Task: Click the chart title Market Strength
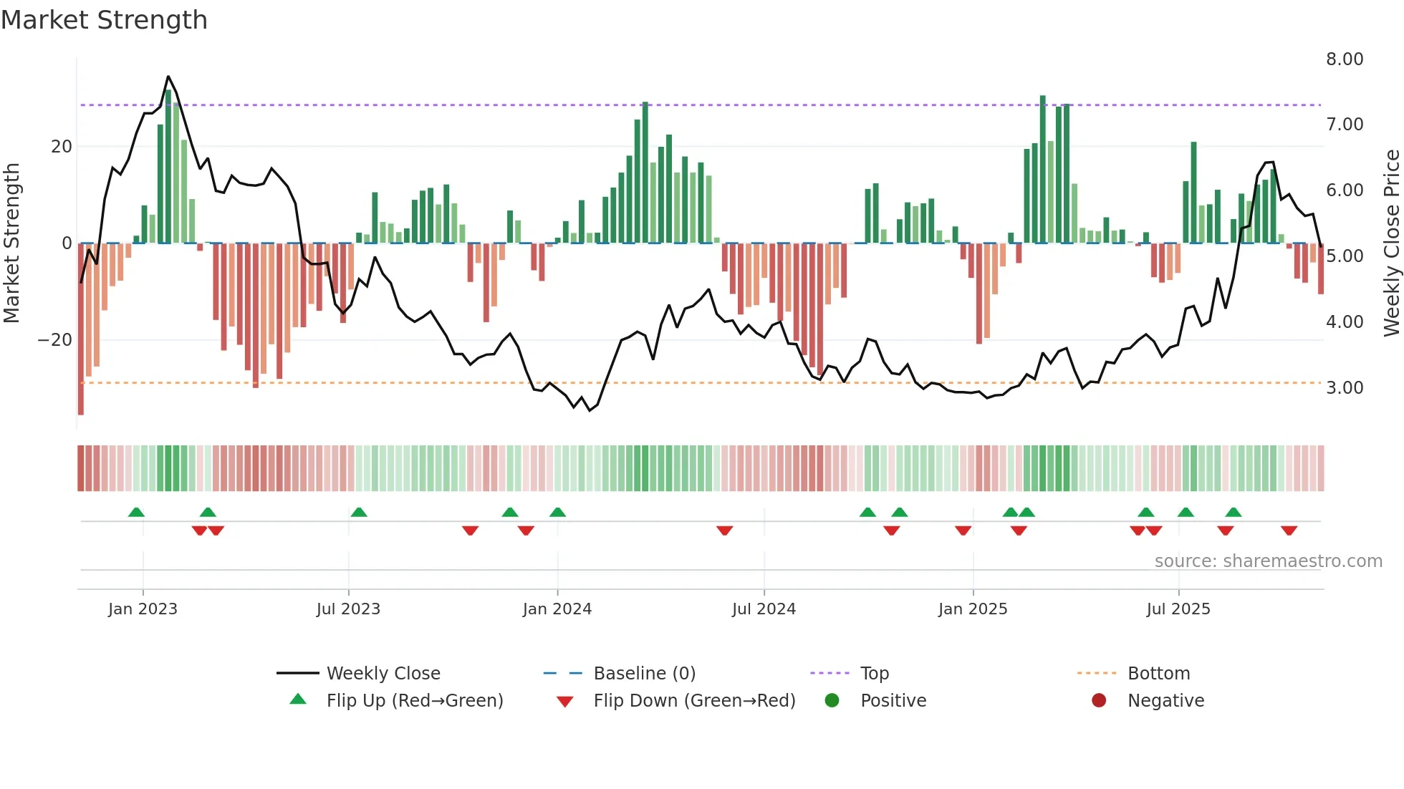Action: point(104,20)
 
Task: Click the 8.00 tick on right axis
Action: point(1344,59)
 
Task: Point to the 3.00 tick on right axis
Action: point(1344,388)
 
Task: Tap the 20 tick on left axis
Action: point(62,147)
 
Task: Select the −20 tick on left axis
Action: point(55,340)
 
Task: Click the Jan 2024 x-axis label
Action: point(557,609)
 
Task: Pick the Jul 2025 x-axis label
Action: point(1178,609)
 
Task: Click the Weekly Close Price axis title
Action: point(1391,243)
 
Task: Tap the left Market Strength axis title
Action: point(11,243)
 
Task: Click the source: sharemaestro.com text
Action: point(1268,561)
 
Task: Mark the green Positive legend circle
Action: point(832,700)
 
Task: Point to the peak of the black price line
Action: point(168,77)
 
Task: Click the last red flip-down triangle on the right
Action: point(1289,531)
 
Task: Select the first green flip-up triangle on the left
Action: point(136,512)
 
